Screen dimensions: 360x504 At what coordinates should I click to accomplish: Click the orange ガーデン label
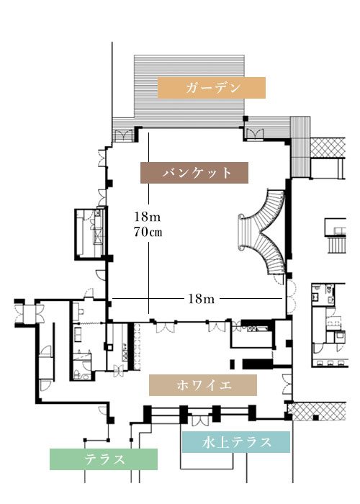click(211, 87)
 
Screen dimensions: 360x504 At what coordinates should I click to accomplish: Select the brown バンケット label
click(194, 173)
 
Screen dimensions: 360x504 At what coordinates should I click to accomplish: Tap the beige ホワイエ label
click(203, 384)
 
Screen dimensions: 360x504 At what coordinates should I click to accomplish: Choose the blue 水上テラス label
click(236, 442)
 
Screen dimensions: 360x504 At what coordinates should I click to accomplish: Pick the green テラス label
click(104, 459)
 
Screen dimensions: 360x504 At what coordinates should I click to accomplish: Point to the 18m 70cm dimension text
click(148, 224)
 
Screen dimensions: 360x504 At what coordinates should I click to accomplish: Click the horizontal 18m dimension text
click(201, 299)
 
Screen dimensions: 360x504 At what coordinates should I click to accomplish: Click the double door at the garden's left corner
click(122, 135)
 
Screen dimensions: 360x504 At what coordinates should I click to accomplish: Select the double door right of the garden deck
click(255, 134)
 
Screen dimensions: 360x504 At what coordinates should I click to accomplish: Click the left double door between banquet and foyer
click(165, 327)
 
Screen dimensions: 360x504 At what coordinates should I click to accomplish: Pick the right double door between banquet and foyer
click(217, 326)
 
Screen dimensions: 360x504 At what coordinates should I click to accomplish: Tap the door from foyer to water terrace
click(200, 420)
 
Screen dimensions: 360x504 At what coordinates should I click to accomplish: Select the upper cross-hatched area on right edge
click(328, 148)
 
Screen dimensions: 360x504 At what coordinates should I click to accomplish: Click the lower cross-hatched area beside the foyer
click(317, 411)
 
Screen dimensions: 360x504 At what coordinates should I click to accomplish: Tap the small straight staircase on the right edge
click(336, 245)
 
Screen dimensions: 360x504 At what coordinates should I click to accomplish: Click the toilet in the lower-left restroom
click(78, 374)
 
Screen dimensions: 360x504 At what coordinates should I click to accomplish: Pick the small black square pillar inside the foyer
click(232, 364)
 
